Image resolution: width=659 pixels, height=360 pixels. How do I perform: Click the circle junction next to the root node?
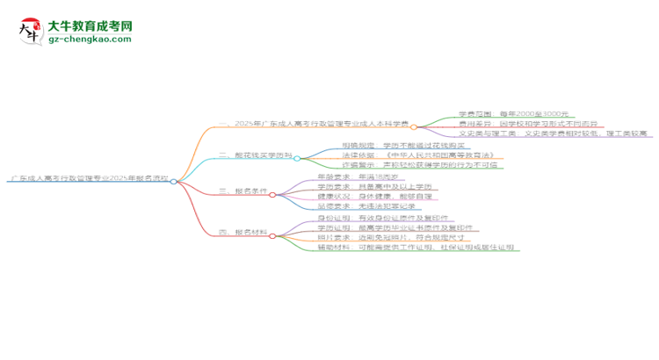pyautogui.click(x=174, y=181)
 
